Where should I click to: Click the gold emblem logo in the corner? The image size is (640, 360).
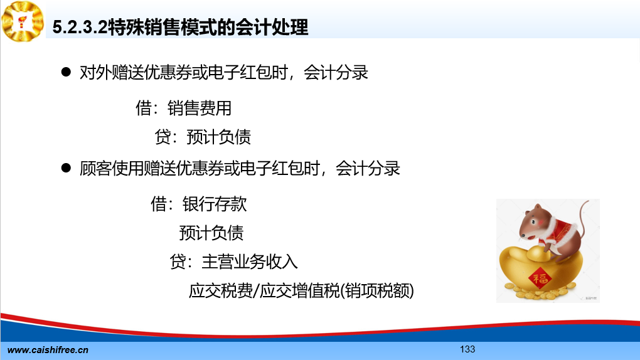(x=23, y=21)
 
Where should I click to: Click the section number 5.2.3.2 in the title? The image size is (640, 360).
(x=80, y=28)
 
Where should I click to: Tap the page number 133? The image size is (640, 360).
(x=467, y=349)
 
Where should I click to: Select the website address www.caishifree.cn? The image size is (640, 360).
(x=48, y=350)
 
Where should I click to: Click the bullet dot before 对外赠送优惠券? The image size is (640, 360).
(x=66, y=72)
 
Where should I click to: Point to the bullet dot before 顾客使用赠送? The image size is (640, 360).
(x=66, y=167)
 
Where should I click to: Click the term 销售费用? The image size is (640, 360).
(x=200, y=108)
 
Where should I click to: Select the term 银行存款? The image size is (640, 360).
(x=215, y=204)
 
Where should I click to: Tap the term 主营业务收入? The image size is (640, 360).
(x=250, y=262)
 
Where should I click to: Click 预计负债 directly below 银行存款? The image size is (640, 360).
(x=211, y=233)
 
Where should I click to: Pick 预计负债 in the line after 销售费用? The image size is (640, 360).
(x=219, y=137)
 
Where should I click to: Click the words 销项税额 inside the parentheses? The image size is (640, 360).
(x=377, y=290)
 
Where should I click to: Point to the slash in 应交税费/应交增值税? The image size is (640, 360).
(x=257, y=291)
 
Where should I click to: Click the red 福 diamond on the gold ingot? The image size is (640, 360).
(x=540, y=278)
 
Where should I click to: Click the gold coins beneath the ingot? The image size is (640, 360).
(x=539, y=292)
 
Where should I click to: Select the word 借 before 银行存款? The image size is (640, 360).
(x=158, y=204)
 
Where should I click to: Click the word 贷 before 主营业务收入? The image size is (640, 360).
(x=178, y=262)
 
